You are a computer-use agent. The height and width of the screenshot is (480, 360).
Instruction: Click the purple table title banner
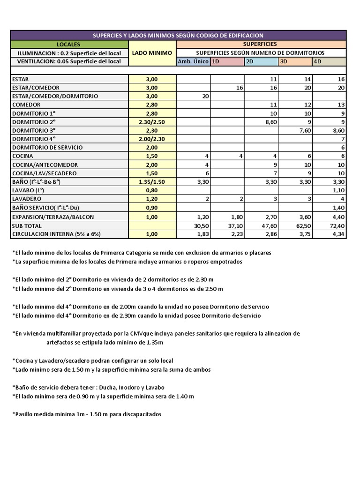coord(178,35)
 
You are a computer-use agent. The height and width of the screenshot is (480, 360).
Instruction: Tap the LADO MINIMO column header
coord(152,53)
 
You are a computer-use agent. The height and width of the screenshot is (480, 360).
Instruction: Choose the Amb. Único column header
coord(193,61)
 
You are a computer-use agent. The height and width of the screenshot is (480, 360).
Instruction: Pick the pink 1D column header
coord(227,61)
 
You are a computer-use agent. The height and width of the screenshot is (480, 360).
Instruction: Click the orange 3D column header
coord(295,61)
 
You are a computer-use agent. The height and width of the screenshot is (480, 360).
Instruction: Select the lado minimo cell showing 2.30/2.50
coord(152,121)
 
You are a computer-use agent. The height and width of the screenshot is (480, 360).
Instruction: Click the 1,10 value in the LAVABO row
coord(337,190)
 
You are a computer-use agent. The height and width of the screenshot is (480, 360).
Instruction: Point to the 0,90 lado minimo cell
coord(152,208)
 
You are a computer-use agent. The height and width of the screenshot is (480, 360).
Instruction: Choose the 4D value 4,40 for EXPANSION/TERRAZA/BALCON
coord(337,217)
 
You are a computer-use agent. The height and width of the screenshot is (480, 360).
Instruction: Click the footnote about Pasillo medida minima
coord(87,414)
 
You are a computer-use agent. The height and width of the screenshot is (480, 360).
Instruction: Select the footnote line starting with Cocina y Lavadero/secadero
coord(92,361)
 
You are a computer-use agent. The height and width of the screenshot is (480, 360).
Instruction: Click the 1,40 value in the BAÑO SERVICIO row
coord(337,208)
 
